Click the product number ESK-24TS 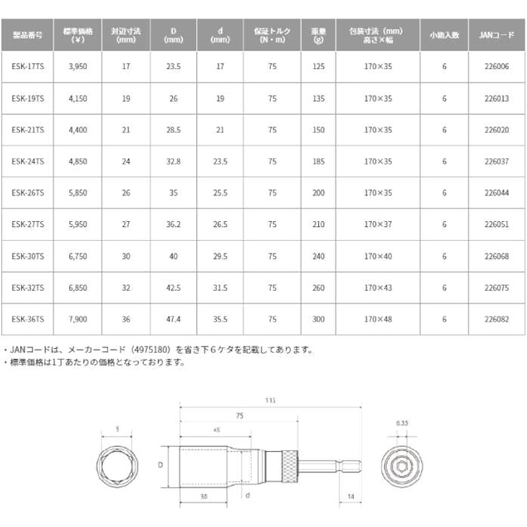[x=27, y=162]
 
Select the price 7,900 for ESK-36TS [x=78, y=319]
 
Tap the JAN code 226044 [x=497, y=193]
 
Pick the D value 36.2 [x=172, y=225]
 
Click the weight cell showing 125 [x=318, y=67]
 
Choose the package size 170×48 [x=378, y=319]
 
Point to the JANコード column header [x=497, y=35]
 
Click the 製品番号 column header [x=27, y=35]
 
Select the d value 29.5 [x=220, y=256]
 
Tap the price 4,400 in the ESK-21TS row [x=78, y=130]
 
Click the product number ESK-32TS [x=27, y=288]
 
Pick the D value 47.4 [x=172, y=319]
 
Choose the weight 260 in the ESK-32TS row [x=318, y=288]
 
